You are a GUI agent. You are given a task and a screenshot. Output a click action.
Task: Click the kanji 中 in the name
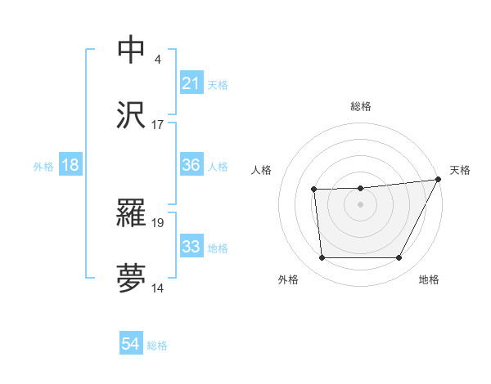click(132, 49)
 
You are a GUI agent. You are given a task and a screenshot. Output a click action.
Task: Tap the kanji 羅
click(132, 212)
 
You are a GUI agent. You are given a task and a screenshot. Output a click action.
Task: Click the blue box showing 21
click(191, 83)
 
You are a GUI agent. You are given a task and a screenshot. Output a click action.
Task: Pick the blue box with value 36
click(191, 165)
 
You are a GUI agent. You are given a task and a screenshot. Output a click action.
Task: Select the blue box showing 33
click(191, 247)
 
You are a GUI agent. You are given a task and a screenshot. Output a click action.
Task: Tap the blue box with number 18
click(70, 165)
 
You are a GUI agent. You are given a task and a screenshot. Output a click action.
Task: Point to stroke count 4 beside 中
click(157, 59)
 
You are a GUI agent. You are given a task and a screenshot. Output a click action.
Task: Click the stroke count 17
click(158, 125)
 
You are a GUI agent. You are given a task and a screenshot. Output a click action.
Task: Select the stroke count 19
click(158, 221)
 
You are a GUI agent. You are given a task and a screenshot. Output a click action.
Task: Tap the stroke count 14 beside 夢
click(158, 288)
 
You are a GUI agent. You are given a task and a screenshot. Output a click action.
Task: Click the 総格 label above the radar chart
click(361, 106)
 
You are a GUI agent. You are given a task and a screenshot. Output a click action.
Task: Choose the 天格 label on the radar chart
click(460, 170)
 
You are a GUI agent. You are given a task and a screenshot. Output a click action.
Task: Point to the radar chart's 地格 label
click(429, 279)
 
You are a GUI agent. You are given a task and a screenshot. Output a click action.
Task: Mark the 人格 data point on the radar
click(313, 190)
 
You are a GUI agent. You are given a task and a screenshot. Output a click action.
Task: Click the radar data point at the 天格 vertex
click(439, 179)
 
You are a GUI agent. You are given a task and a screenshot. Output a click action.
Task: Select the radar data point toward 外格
click(322, 258)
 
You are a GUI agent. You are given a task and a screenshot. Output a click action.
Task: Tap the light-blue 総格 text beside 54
click(157, 346)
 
